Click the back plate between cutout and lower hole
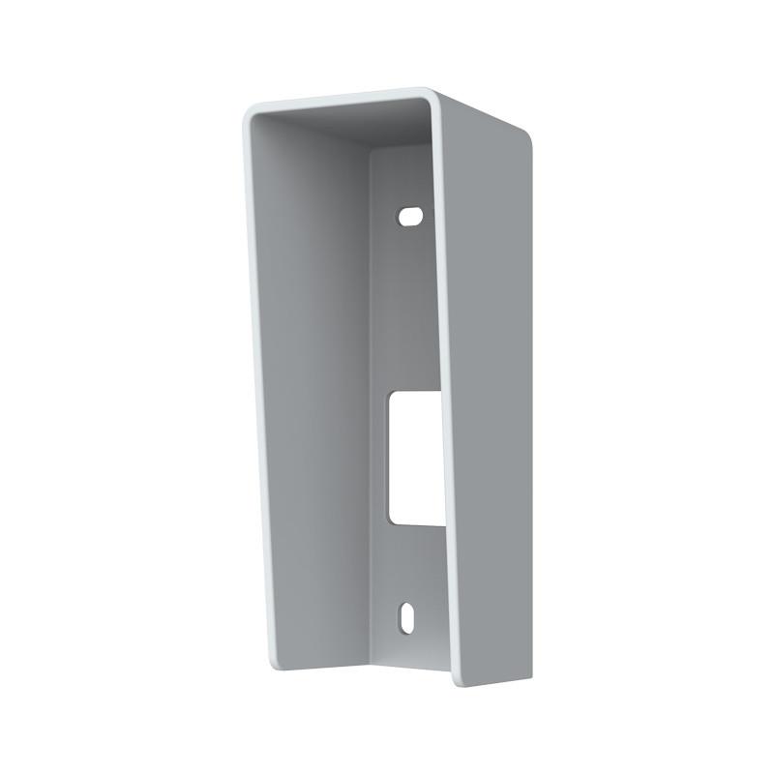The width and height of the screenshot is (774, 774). [x=406, y=566]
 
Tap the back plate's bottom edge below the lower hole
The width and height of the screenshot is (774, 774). [x=406, y=654]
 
